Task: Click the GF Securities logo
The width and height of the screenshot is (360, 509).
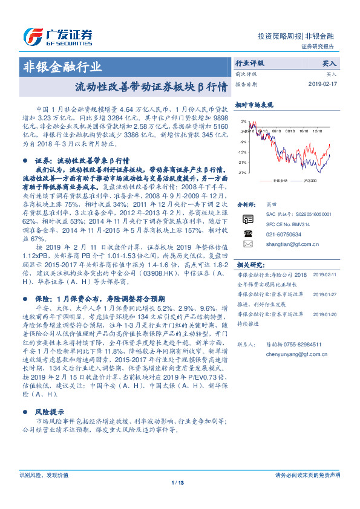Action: pos(58,35)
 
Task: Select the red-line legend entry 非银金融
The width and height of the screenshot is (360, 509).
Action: pos(279,180)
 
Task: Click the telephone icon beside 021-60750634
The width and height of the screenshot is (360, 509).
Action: pos(247,233)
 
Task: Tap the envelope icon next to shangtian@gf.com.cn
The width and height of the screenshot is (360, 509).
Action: pos(247,244)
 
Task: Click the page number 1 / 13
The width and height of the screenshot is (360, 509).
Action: pos(177,482)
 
